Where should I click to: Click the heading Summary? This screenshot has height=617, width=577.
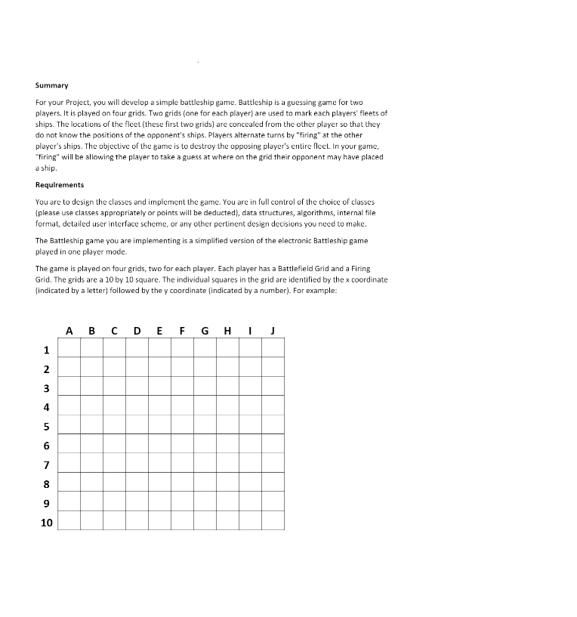pyautogui.click(x=51, y=85)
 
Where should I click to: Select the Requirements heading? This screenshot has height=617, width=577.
pyautogui.click(x=60, y=184)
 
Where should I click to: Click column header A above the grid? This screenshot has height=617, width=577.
pyautogui.click(x=69, y=330)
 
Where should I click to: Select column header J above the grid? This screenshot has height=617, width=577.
pyautogui.click(x=273, y=330)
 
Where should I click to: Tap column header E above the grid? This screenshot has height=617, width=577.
pyautogui.click(x=159, y=330)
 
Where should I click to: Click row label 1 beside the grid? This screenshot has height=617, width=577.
pyautogui.click(x=46, y=350)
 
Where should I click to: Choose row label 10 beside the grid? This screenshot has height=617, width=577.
pyautogui.click(x=46, y=523)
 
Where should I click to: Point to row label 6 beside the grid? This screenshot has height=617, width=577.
pyautogui.click(x=46, y=446)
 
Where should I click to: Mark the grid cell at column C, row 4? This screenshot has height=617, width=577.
pyautogui.click(x=114, y=405)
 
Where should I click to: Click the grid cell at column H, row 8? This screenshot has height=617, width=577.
pyautogui.click(x=227, y=482)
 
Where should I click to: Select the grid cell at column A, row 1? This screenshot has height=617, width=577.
pyautogui.click(x=69, y=347)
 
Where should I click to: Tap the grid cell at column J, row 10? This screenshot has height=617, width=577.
pyautogui.click(x=273, y=520)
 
